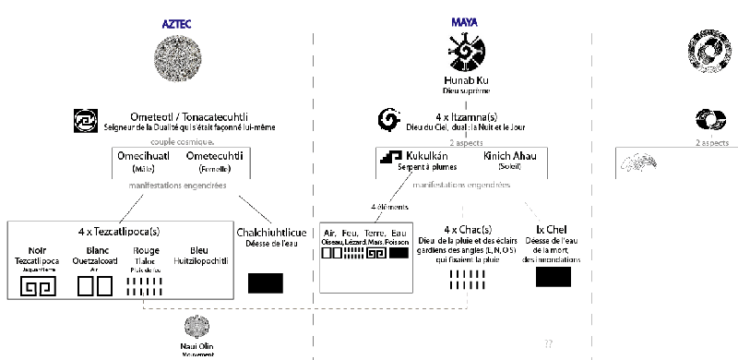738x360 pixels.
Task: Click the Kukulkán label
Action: (431, 156)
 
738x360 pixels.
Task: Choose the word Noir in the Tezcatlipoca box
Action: (40, 248)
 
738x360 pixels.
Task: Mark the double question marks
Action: (548, 343)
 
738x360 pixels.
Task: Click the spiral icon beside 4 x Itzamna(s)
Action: (389, 119)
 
